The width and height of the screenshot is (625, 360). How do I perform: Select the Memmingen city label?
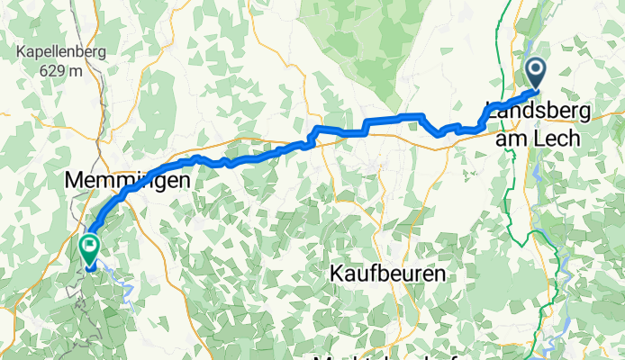pos(127,180)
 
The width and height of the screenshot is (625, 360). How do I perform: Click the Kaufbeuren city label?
pos(388,273)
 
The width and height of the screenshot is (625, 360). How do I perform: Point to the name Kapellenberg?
pos(60,52)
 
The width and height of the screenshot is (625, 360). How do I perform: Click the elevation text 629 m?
pos(61,70)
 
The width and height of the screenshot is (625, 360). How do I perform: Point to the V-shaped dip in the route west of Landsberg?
pos(439,133)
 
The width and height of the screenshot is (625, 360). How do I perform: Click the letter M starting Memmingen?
pos(73,180)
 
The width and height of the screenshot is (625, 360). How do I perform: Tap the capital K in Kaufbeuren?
pos(335,273)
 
